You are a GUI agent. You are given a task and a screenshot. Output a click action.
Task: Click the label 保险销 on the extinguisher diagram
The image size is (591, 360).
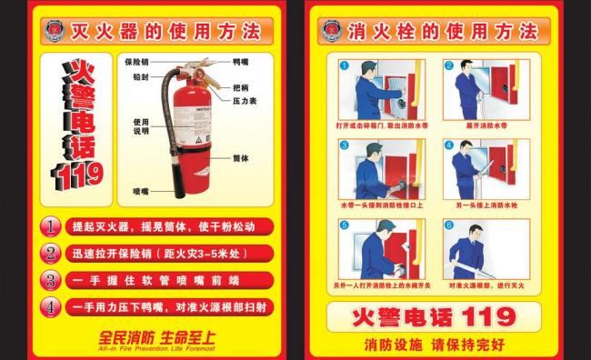point(135,62)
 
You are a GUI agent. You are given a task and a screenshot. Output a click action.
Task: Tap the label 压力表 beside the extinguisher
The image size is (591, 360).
point(245,101)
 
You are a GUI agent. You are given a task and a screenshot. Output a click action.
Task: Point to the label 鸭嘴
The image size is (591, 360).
point(240,62)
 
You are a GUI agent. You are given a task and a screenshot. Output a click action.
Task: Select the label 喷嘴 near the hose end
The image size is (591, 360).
point(139,191)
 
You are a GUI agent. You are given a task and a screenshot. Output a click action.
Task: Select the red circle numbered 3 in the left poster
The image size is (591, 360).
point(53,280)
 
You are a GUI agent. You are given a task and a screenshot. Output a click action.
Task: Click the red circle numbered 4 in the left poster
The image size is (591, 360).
point(53,307)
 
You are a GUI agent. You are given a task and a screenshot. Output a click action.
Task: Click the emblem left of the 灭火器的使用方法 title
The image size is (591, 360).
point(55,32)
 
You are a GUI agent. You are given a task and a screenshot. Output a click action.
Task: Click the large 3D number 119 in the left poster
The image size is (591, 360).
point(79,173)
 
